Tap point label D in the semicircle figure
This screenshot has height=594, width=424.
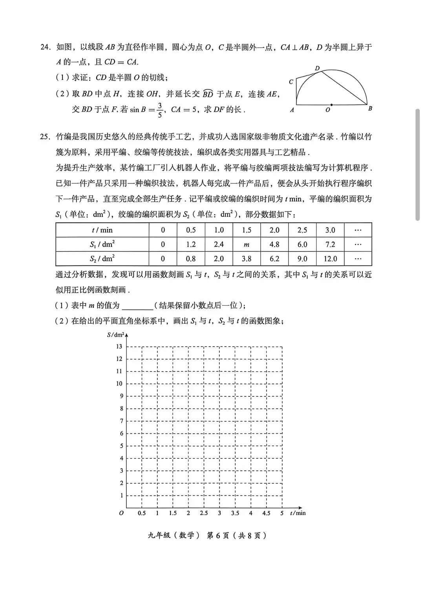[317, 68]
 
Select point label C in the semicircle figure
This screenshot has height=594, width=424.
[291, 82]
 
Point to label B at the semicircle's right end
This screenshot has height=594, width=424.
[370, 109]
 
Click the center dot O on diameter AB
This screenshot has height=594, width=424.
[332, 105]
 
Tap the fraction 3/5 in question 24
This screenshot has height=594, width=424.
[159, 110]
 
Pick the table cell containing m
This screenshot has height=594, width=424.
[247, 244]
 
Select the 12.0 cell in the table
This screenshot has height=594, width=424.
[330, 258]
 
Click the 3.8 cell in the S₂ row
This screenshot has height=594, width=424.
[247, 258]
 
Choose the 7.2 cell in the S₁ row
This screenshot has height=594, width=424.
[330, 244]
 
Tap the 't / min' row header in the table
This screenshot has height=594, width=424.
[102, 230]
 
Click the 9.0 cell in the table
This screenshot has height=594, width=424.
[302, 258]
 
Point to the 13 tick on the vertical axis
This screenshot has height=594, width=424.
[119, 346]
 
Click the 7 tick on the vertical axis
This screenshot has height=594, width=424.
[121, 421]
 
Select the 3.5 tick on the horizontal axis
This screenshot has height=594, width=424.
[235, 513]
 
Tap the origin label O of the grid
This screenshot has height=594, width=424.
[121, 513]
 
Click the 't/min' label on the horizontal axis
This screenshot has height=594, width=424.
[298, 513]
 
